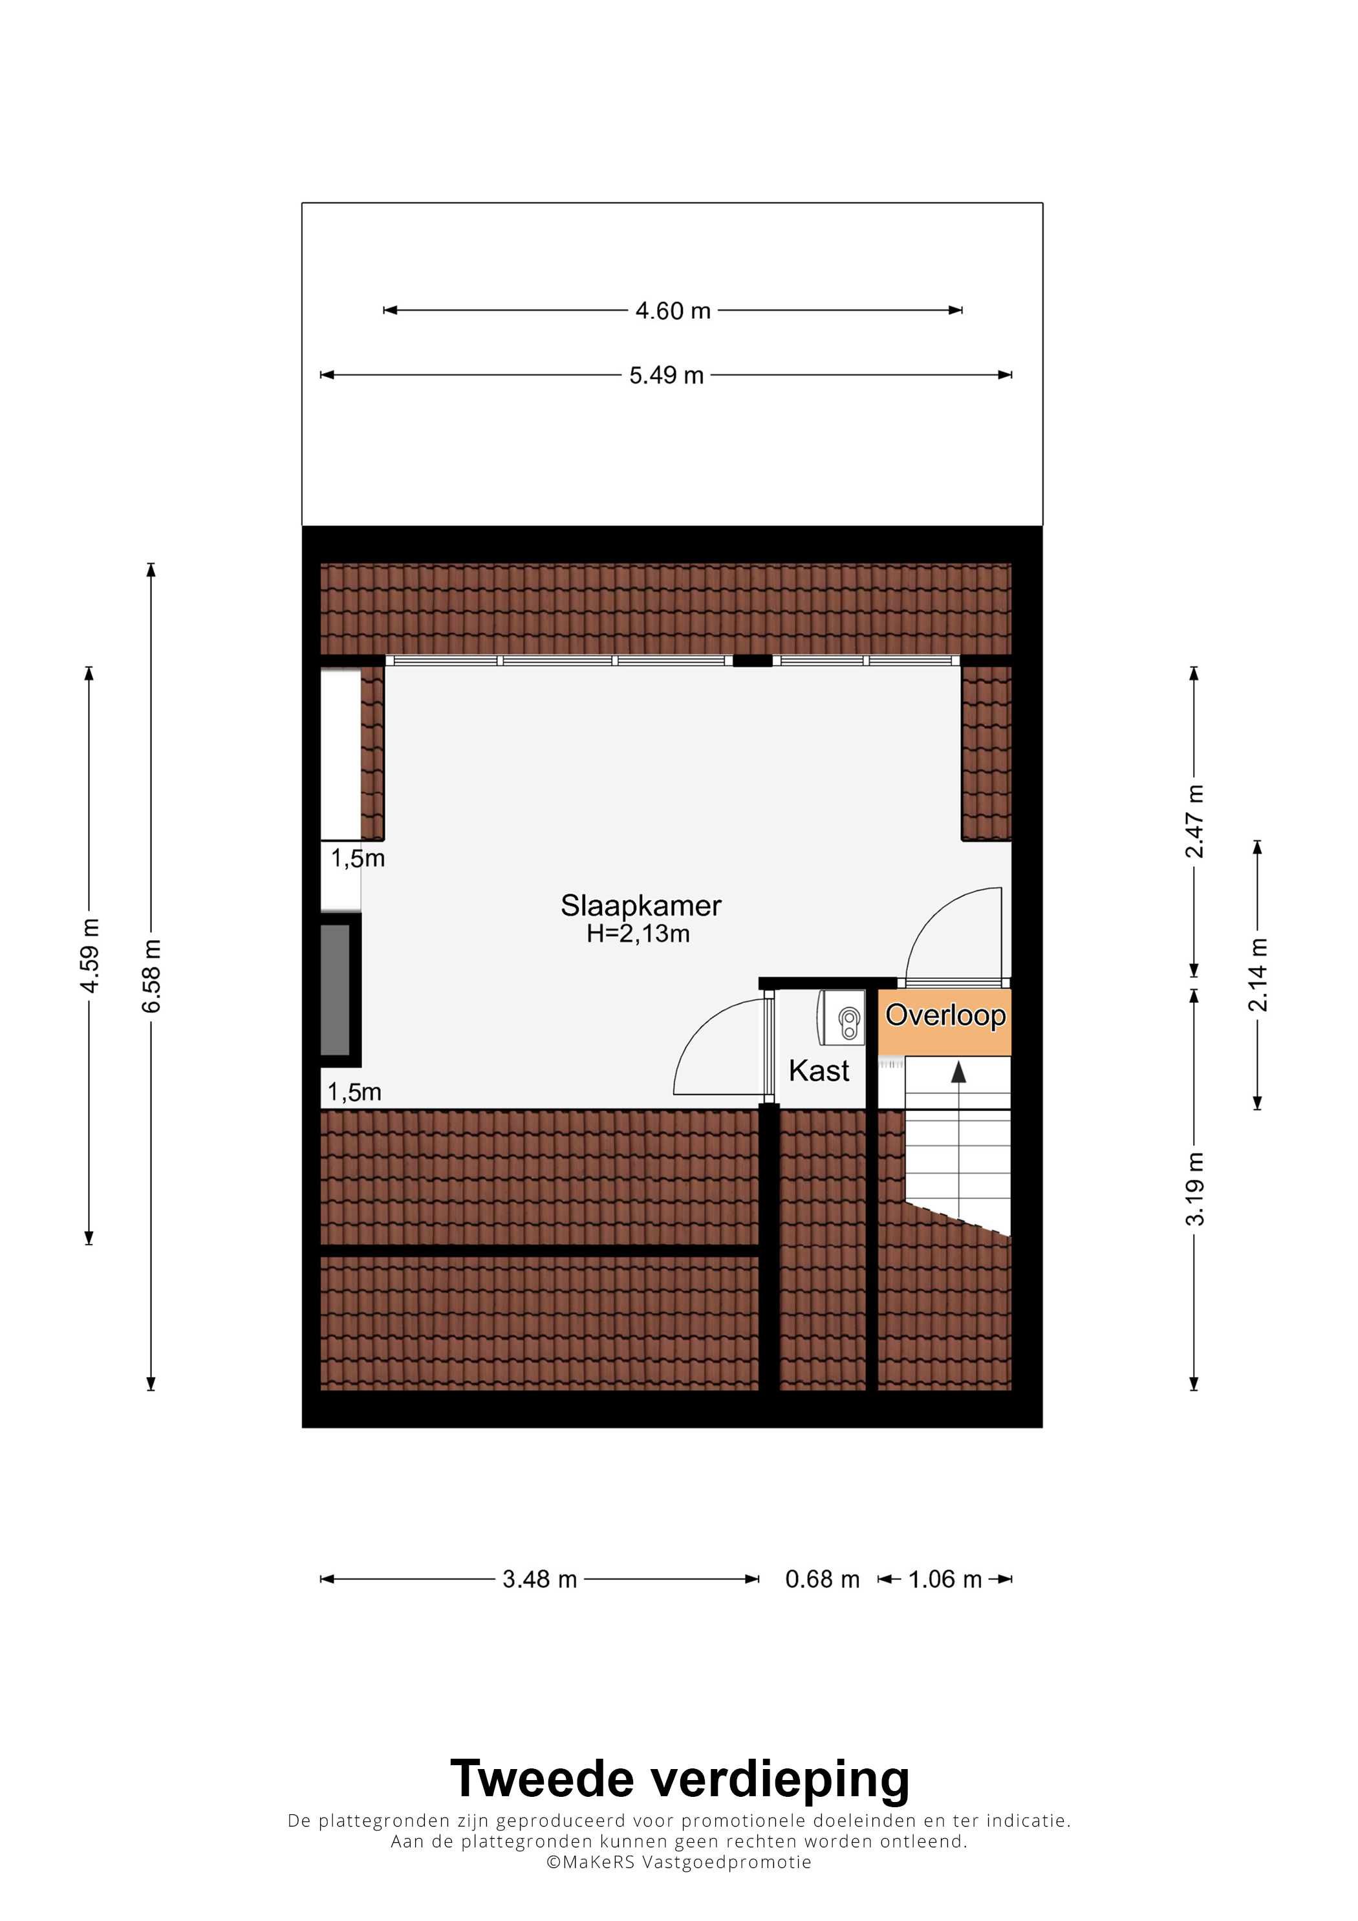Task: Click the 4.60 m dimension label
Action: [673, 310]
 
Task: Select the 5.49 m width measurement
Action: [666, 375]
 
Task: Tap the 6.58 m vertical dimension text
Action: [151, 976]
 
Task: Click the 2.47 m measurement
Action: [1194, 822]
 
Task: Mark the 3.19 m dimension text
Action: [1194, 1189]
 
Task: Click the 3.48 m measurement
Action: [540, 1579]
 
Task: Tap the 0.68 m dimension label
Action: [823, 1579]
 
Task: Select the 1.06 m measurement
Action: [945, 1579]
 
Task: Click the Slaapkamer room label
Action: [641, 905]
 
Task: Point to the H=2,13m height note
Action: [638, 934]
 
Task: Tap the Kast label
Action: [819, 1070]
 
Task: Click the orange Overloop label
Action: [945, 1015]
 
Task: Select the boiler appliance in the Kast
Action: [842, 1017]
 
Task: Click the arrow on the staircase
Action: [959, 1073]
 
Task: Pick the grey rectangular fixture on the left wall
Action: [336, 990]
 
